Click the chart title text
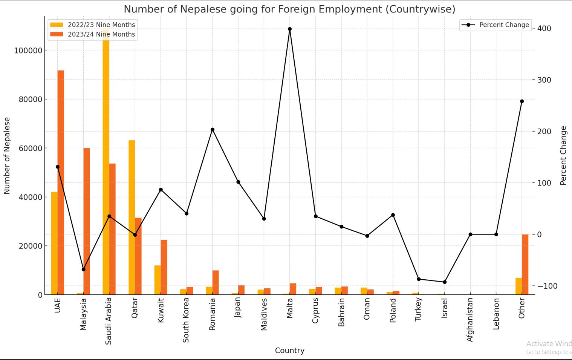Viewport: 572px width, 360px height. click(x=289, y=9)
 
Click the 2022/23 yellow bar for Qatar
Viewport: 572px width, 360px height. click(x=132, y=217)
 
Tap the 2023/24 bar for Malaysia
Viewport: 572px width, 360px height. click(x=87, y=221)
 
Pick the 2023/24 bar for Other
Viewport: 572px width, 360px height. click(x=525, y=264)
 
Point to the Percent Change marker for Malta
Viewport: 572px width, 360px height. click(x=290, y=29)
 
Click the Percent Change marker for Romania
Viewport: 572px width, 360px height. click(x=213, y=130)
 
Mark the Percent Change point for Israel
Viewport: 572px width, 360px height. click(x=445, y=282)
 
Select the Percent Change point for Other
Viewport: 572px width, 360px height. click(x=522, y=101)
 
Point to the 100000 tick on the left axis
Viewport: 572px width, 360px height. click(x=28, y=51)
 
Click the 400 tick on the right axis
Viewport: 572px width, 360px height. click(x=544, y=29)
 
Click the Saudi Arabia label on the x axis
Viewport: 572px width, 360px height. click(x=109, y=320)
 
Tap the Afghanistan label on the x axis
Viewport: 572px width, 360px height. click(x=470, y=319)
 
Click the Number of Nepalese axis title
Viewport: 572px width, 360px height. click(x=7, y=155)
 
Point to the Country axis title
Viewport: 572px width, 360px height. click(x=289, y=351)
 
